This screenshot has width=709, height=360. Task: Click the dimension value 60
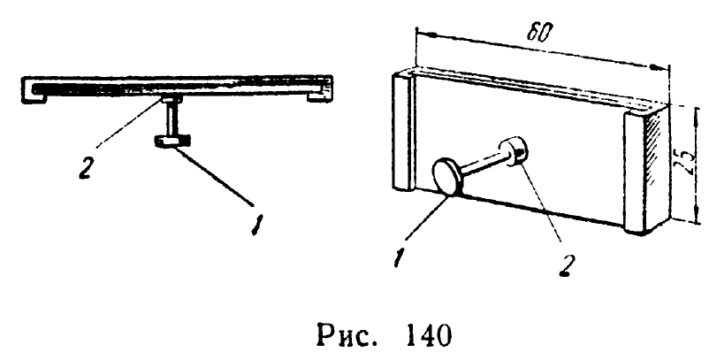click(x=537, y=32)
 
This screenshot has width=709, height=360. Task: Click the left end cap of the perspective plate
click(x=402, y=133)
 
